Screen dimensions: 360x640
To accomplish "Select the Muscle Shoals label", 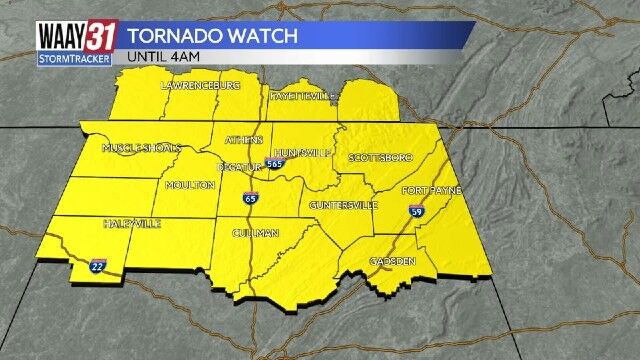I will tap(141, 148).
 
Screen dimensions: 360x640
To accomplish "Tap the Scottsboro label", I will tap(380, 158).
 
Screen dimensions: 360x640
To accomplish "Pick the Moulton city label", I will tap(190, 185).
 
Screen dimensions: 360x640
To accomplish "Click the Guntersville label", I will tap(344, 205).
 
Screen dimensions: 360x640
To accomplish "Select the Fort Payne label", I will tap(430, 190).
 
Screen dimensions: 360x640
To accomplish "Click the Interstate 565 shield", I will tap(274, 163).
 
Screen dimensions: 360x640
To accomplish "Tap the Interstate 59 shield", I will tap(417, 211).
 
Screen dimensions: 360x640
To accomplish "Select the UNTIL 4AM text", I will tap(161, 57).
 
